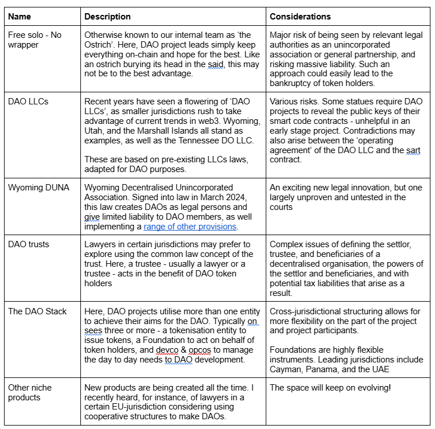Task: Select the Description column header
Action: (107, 17)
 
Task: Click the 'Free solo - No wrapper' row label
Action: (34, 40)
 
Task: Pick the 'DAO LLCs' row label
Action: (28, 102)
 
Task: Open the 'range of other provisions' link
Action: (190, 227)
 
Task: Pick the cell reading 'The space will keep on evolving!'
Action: (331, 388)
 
